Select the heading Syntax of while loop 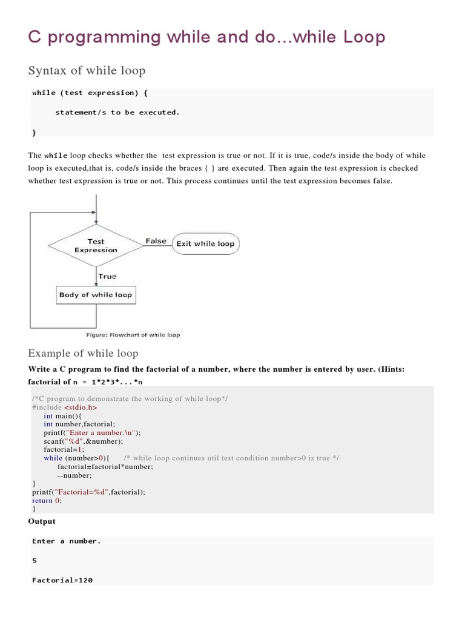(87, 71)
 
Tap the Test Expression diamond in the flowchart (96, 245)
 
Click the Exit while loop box (205, 243)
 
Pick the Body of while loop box (95, 295)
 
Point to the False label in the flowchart (156, 241)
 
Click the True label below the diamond (107, 276)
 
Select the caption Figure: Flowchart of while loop (133, 335)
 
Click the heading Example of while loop (83, 353)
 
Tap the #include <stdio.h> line (64, 407)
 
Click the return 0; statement (47, 501)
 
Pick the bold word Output (42, 521)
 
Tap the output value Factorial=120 (62, 580)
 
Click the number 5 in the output (35, 561)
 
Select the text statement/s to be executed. (117, 112)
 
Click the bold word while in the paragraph (54, 156)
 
